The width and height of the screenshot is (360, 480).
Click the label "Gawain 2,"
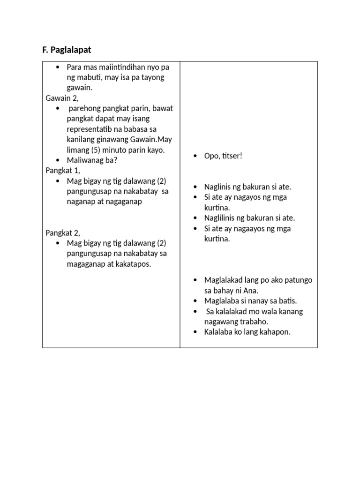click(x=62, y=98)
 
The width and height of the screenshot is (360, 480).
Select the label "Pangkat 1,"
click(x=63, y=170)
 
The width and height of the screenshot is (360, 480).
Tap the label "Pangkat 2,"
click(x=63, y=232)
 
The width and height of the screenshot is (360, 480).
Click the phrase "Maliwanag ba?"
click(x=92, y=160)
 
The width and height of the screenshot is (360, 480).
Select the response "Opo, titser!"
click(x=223, y=156)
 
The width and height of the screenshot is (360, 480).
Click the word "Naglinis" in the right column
click(x=218, y=187)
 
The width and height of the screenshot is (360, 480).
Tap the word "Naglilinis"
click(x=220, y=218)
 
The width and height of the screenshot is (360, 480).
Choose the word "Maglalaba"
click(x=222, y=301)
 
